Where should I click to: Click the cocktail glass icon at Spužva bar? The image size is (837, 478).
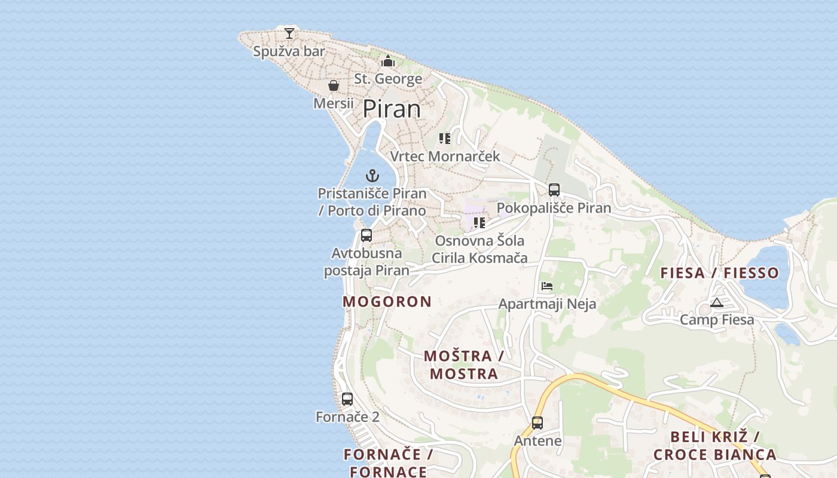click(289, 33)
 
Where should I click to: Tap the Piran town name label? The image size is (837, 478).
click(392, 109)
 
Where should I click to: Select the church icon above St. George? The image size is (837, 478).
click(388, 62)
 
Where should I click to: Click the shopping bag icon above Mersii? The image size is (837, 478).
click(334, 85)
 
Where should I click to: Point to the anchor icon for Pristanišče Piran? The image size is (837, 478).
click(372, 176)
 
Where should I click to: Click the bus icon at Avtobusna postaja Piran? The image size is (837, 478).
click(366, 235)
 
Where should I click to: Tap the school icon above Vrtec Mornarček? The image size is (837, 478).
click(445, 139)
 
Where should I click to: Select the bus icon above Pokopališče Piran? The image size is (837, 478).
click(554, 190)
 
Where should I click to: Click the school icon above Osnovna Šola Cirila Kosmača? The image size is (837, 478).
click(479, 223)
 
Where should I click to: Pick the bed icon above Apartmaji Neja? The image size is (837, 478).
click(547, 286)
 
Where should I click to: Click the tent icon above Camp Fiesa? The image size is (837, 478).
click(717, 302)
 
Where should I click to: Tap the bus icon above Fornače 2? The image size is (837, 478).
click(347, 399)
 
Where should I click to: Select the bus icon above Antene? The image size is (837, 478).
click(537, 423)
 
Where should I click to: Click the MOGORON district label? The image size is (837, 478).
click(387, 302)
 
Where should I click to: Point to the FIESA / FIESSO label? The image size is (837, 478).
click(720, 273)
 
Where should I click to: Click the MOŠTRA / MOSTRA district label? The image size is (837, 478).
click(464, 365)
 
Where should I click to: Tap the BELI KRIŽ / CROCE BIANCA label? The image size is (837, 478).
click(715, 446)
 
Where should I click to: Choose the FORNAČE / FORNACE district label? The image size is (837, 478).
click(388, 463)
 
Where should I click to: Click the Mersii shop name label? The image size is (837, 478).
click(334, 103)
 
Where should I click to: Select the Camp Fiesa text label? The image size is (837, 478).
click(717, 320)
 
